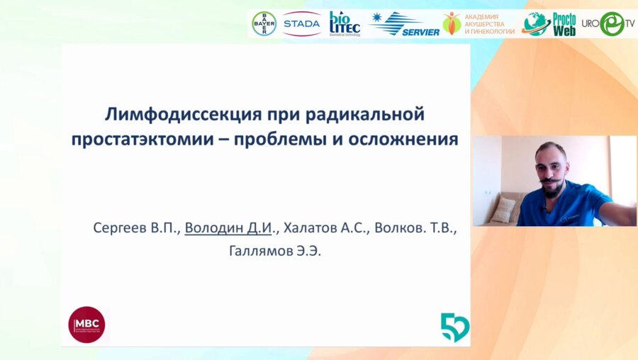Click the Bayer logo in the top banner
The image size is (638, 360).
264,23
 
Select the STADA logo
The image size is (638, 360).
301,23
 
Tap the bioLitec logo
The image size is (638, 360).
345,23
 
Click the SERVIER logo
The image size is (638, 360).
404,24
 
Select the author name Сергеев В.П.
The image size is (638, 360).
135,228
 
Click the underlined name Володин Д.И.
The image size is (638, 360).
231,228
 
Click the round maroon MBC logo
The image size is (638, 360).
86,325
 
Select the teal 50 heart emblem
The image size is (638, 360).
454,327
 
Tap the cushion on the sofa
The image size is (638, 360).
503,209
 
